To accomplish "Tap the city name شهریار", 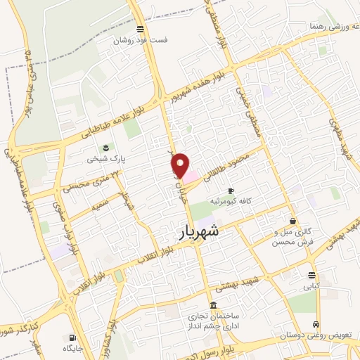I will click(195, 231).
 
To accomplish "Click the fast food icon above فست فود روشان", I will click(141, 30).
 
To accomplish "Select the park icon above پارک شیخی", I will click(105, 147).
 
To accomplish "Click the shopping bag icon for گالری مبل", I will click(292, 221).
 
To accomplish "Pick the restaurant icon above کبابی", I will click(311, 275).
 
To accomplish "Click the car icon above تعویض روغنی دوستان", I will click(316, 325).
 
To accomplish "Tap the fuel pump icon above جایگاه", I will click(72, 337).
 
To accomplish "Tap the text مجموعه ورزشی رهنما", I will click(330, 26).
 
